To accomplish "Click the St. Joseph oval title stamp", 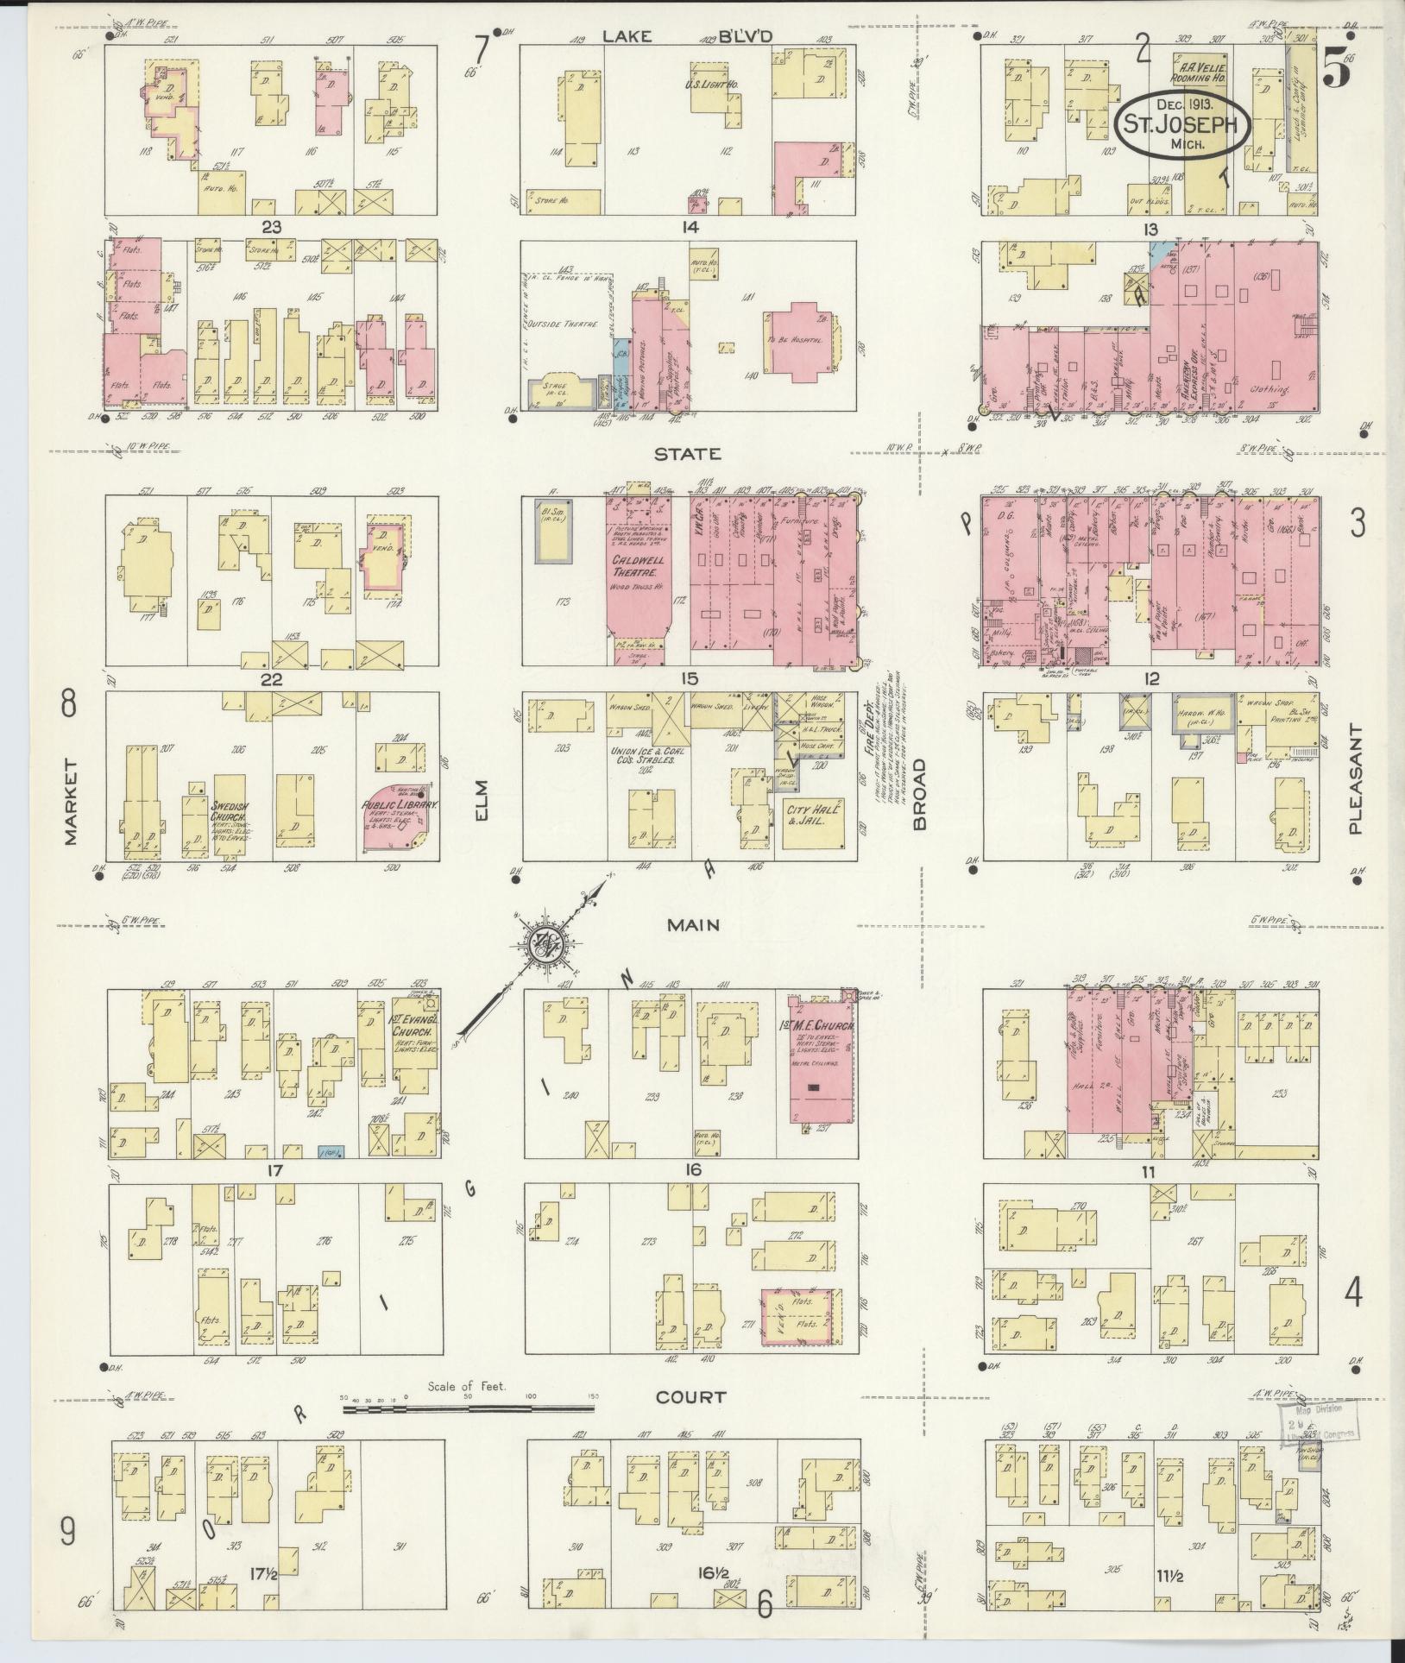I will click(x=1184, y=124).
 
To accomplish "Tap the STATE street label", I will click(x=687, y=454).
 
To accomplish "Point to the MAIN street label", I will click(x=693, y=924).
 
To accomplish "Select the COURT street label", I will click(x=690, y=1396).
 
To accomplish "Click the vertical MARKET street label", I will click(x=70, y=802).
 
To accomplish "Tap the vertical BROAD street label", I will click(x=919, y=793).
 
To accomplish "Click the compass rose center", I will click(x=548, y=942).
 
